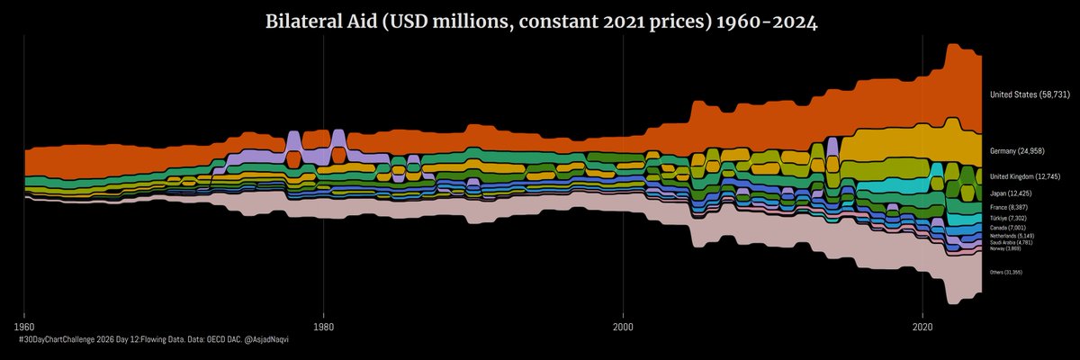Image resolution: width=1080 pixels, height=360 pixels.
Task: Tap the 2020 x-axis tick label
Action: [923, 325]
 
